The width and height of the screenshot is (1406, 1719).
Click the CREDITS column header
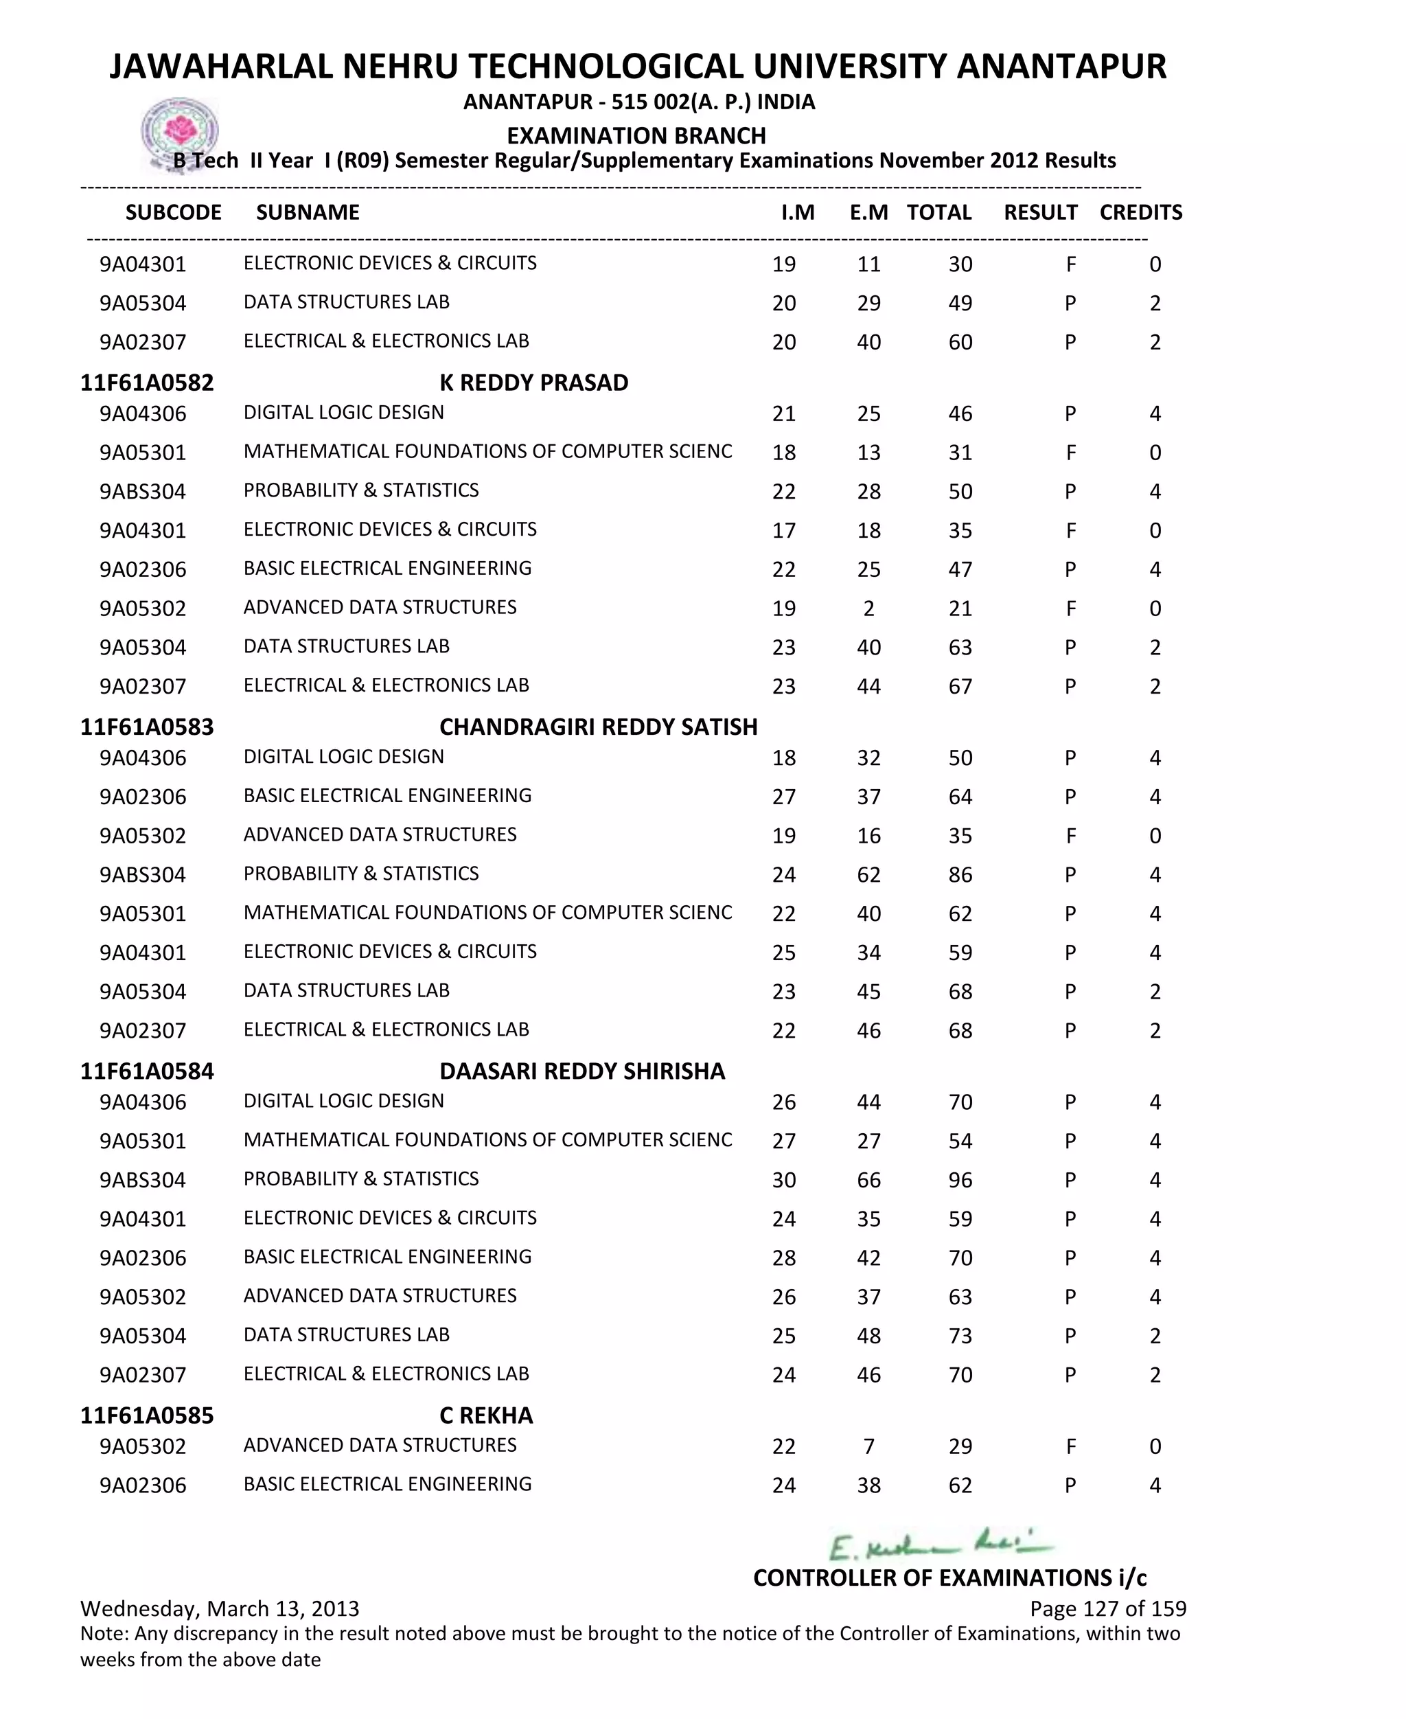tap(1140, 212)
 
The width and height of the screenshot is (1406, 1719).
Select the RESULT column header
tap(1040, 212)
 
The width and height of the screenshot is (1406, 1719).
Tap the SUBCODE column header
tap(173, 212)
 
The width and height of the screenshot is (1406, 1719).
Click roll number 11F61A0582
tap(147, 383)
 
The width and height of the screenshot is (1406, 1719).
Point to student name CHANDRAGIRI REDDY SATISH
tap(598, 727)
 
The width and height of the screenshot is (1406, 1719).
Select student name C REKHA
tap(486, 1415)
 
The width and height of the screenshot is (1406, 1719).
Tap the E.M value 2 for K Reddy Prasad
tap(868, 608)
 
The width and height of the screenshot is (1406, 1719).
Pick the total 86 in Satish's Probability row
tap(960, 875)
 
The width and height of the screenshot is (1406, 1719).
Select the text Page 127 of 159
tap(1107, 1609)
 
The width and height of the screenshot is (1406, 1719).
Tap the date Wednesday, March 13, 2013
tap(220, 1609)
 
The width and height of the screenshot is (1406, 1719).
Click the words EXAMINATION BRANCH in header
tap(636, 135)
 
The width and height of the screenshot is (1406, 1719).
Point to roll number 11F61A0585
tap(147, 1415)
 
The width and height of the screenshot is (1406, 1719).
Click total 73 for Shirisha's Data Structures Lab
tap(960, 1336)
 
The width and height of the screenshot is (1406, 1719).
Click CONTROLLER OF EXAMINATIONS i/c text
tap(949, 1578)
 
